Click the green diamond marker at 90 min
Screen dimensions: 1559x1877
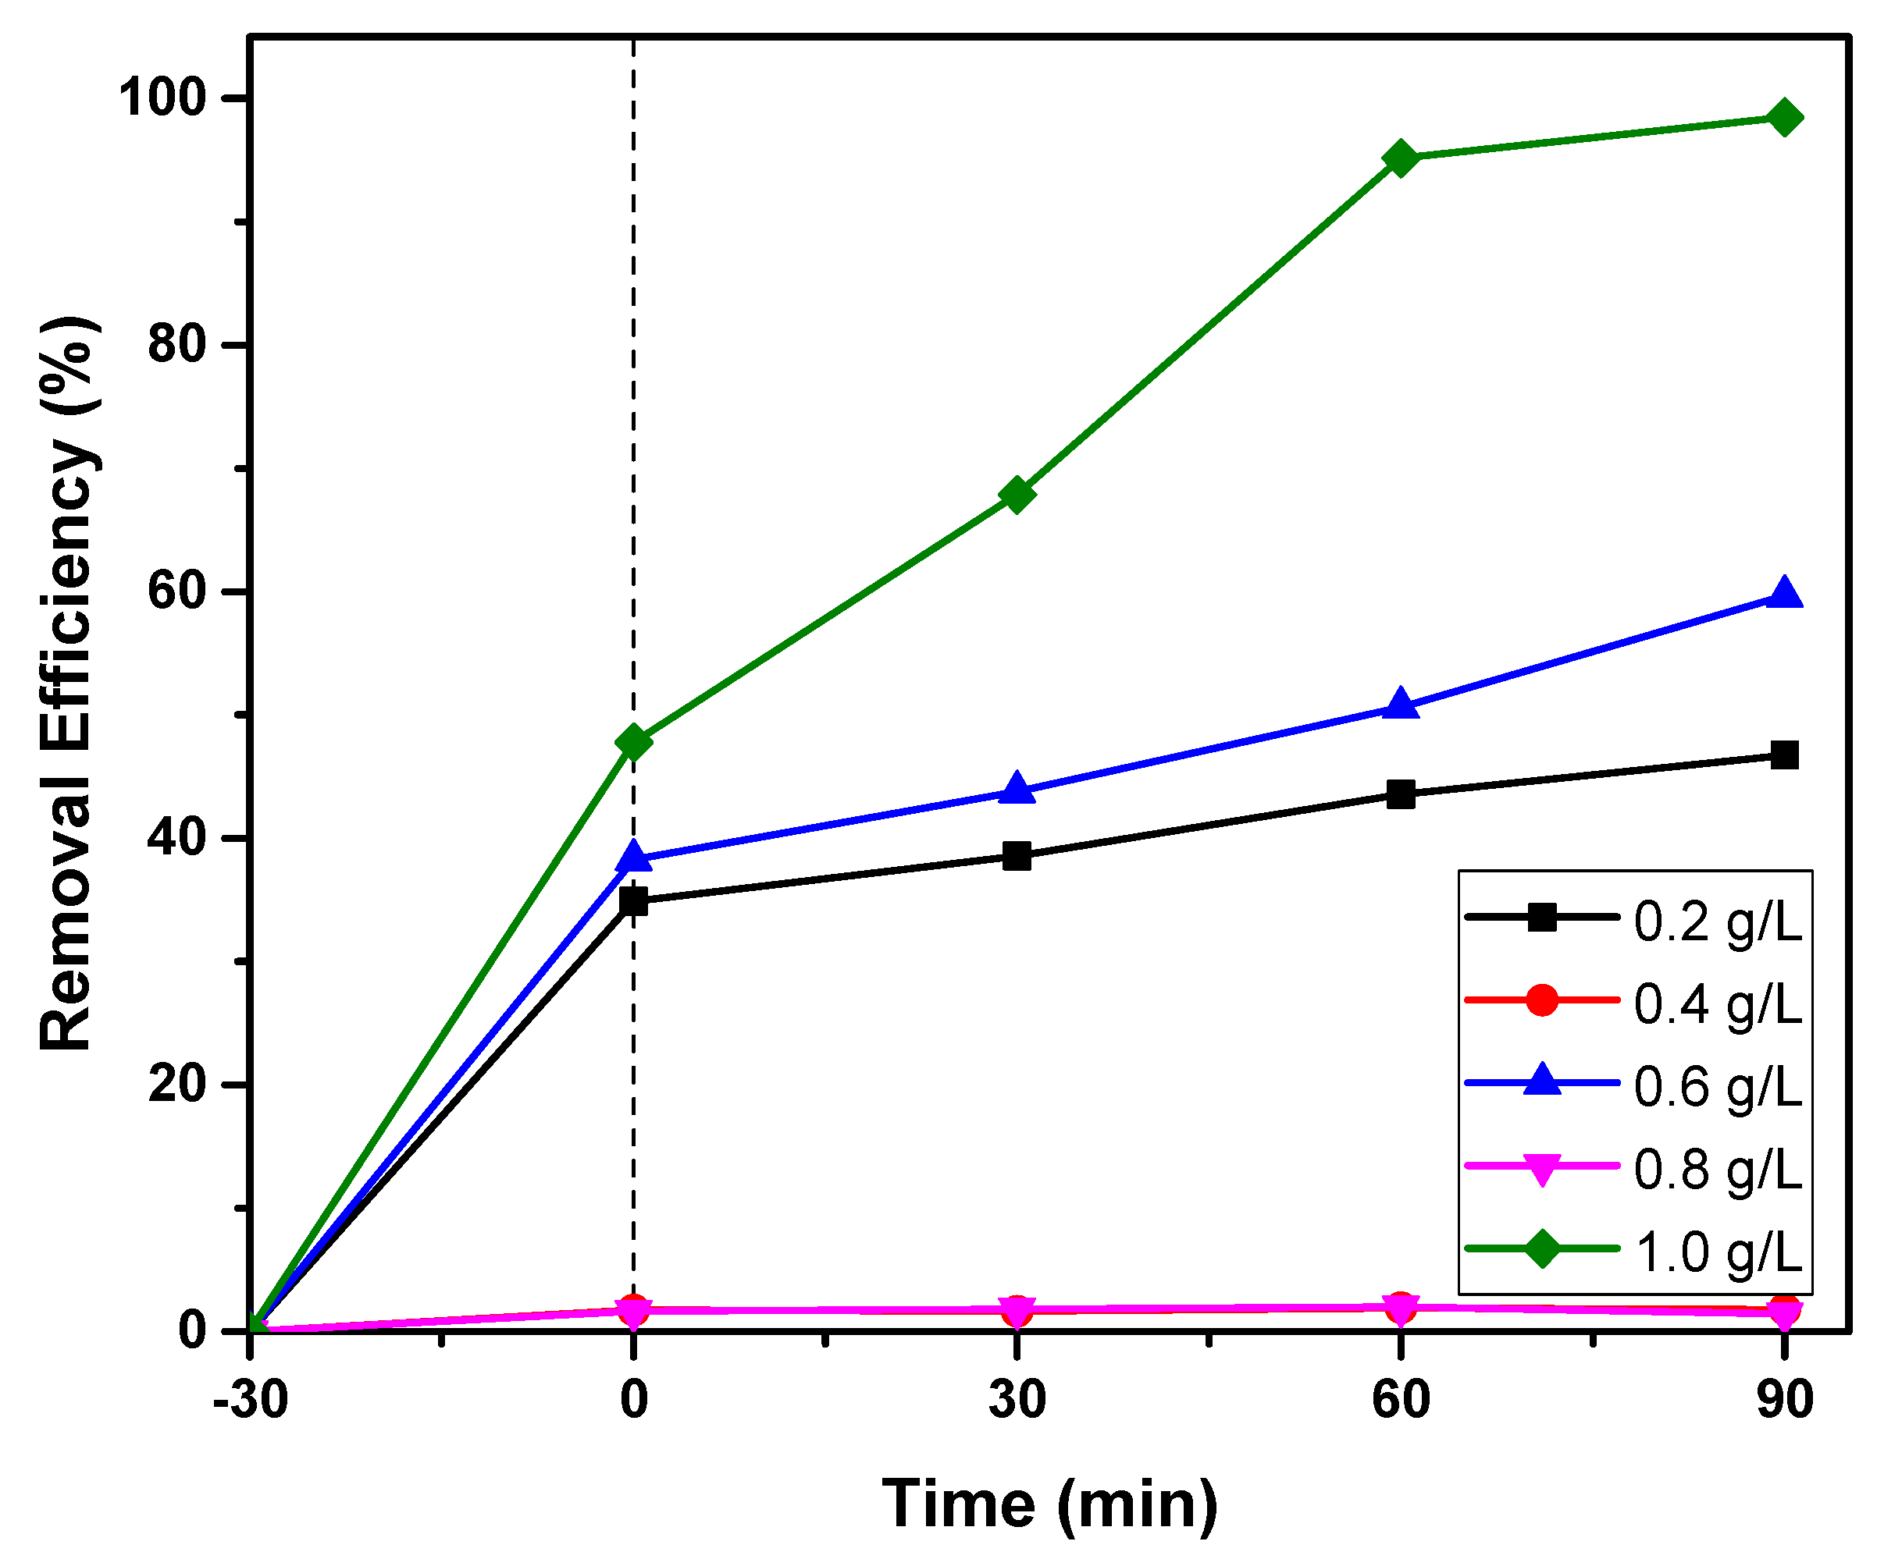coord(1784,118)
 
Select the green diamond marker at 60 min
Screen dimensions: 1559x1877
coord(1401,159)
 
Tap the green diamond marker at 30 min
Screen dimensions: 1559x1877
coord(1017,494)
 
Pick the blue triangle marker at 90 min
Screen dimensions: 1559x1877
coord(1784,594)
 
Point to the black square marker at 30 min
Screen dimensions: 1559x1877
coord(1017,856)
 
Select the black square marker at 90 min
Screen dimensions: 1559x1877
coord(1784,755)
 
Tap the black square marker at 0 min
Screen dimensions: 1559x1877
coord(634,901)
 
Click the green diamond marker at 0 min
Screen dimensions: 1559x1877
coord(634,741)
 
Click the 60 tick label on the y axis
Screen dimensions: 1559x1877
coord(177,591)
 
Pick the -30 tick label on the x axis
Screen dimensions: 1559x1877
coord(251,1399)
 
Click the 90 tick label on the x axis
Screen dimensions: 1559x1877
coord(1784,1399)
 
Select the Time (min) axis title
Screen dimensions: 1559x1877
coord(1049,1504)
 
